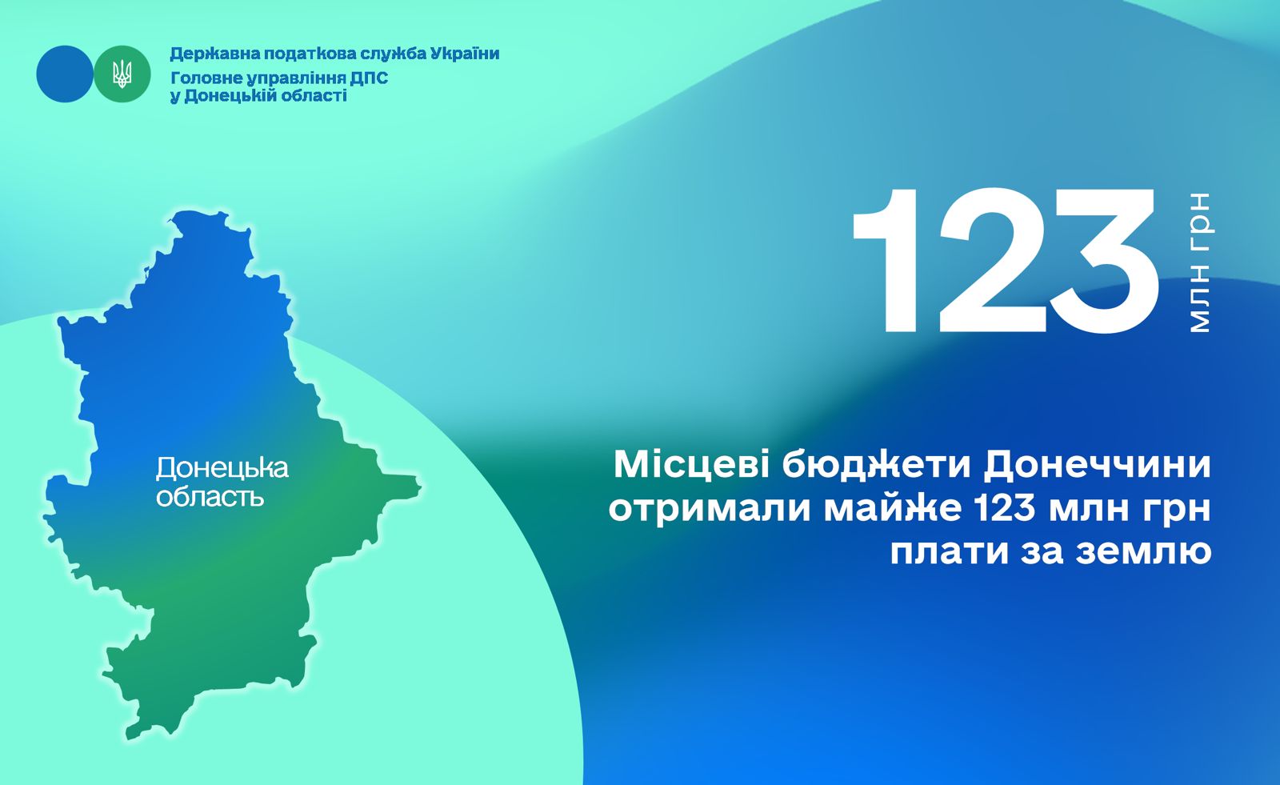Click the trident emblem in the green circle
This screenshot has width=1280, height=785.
coord(122,74)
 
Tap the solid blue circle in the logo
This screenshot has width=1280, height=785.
coord(65,74)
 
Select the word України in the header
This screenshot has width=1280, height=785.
coord(465,54)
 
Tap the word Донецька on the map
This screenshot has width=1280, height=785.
coord(222,468)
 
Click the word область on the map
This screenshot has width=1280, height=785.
coord(210,498)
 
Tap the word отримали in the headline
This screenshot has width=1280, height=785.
coord(709,510)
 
